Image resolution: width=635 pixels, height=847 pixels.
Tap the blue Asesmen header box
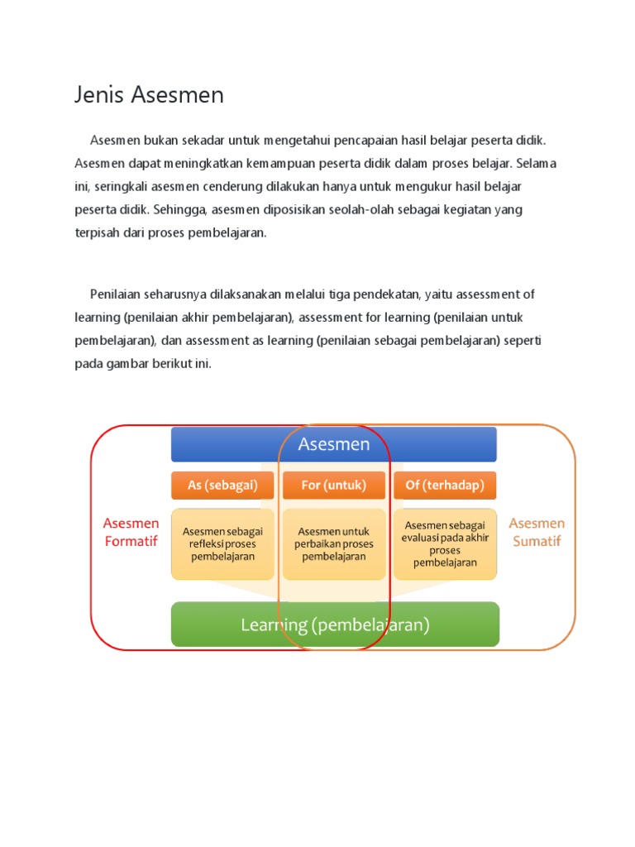click(333, 444)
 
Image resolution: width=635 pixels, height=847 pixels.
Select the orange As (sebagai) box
click(222, 486)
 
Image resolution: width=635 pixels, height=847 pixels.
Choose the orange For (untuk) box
click(333, 486)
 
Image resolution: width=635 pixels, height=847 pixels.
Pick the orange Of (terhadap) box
click(445, 486)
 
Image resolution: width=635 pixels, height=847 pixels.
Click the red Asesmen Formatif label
click(131, 532)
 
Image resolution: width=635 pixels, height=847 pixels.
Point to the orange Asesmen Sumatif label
click(537, 532)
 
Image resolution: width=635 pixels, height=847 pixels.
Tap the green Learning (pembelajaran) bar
click(335, 624)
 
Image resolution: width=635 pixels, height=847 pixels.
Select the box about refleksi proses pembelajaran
click(222, 544)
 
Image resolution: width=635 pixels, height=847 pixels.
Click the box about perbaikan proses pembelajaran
click(333, 544)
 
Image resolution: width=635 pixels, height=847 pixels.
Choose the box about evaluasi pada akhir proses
click(445, 544)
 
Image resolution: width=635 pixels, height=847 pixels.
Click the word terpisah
click(97, 232)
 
